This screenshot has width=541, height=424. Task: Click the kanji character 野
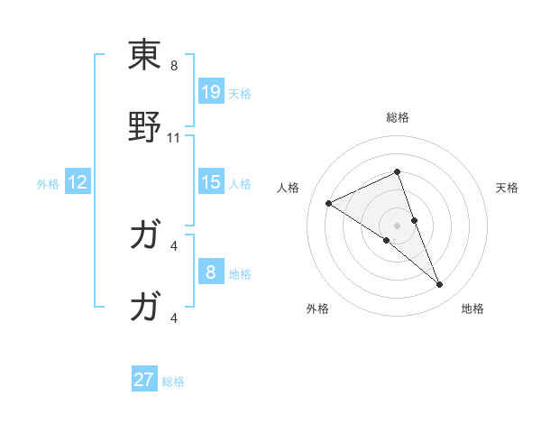point(145,127)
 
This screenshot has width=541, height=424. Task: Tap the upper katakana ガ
point(145,236)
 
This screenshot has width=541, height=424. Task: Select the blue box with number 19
point(210,91)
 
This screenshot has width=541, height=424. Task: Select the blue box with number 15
point(210,182)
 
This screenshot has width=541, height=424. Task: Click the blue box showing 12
point(78,182)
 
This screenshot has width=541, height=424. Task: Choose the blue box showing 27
point(144,380)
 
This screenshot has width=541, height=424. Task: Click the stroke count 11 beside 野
point(175,137)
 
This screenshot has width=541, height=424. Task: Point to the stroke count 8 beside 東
point(174,65)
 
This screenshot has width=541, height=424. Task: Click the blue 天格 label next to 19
point(240,94)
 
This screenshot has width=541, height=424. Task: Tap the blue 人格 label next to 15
point(240,184)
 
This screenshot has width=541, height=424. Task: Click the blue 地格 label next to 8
point(240,274)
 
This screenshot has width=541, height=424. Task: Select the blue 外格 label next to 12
point(48,184)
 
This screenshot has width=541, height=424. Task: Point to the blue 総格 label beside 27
point(173,383)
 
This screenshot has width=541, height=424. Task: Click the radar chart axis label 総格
point(397,117)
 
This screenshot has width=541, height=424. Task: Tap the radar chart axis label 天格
point(508,188)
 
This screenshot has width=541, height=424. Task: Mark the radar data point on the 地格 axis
point(440,285)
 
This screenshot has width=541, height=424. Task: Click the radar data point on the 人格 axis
point(328,203)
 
